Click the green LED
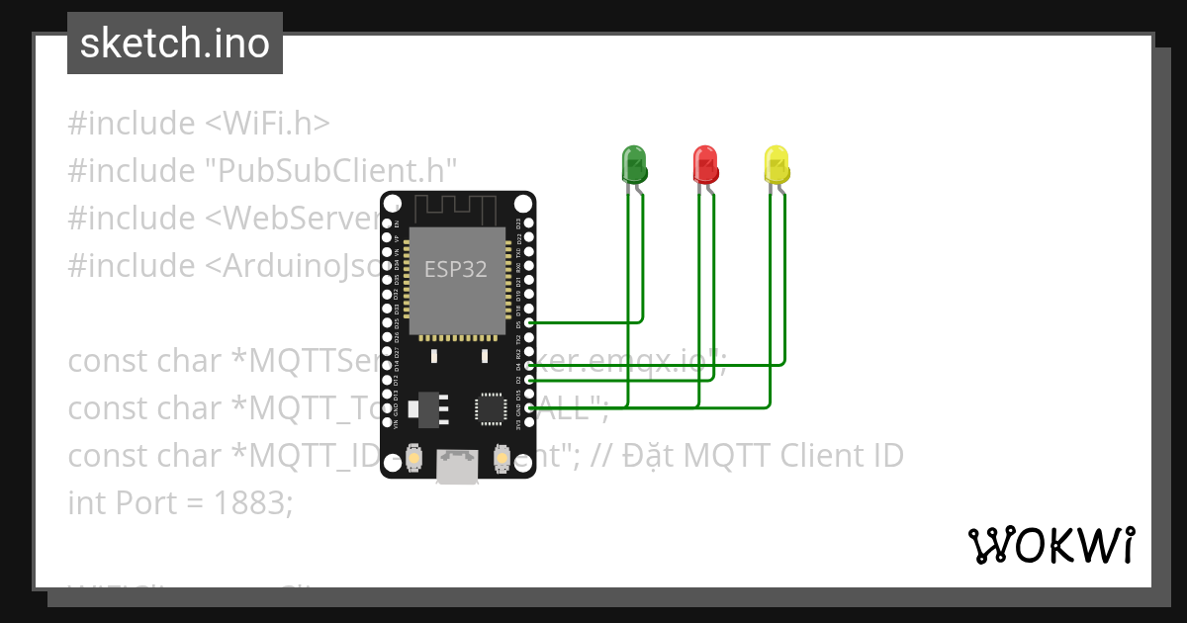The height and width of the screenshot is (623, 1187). [x=633, y=163]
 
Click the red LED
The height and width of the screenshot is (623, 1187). [x=704, y=163]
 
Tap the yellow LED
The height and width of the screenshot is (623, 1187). [x=776, y=163]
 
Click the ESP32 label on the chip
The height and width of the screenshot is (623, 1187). [x=455, y=268]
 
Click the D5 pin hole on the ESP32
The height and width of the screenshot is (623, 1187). [x=529, y=323]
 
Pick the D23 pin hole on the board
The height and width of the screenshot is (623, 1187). [x=529, y=223]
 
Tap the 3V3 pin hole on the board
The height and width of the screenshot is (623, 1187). [x=529, y=423]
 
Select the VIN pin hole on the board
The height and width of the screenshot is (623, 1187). [x=388, y=423]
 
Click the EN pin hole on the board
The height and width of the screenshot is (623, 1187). [x=388, y=223]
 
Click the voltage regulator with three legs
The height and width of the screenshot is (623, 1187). [x=427, y=408]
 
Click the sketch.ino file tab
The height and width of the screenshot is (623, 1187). [x=174, y=44]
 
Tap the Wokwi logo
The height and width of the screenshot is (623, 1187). [x=1050, y=545]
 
